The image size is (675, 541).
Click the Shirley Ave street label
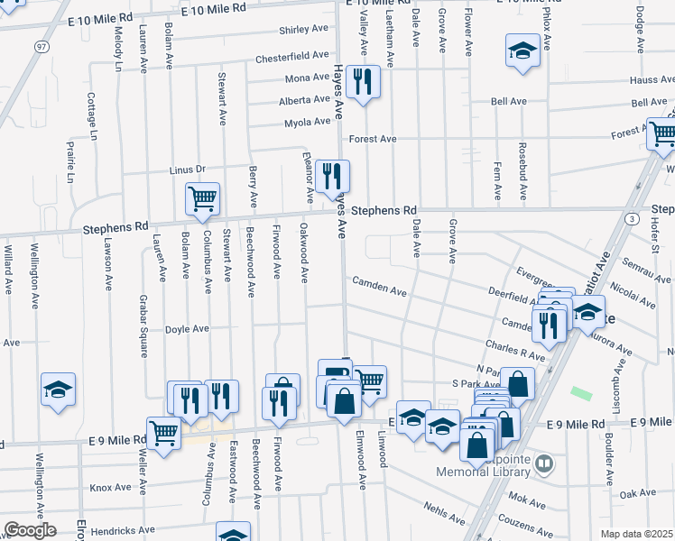303,30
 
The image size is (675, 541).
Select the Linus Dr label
188,169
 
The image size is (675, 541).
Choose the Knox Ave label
111,487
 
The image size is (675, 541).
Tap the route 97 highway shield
42,46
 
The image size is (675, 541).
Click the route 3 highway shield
633,219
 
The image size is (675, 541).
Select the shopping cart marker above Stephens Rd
202,197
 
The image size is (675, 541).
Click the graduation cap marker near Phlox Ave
522,52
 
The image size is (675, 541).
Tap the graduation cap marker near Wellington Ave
59,390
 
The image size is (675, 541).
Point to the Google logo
31,530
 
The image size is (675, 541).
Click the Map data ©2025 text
636,534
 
